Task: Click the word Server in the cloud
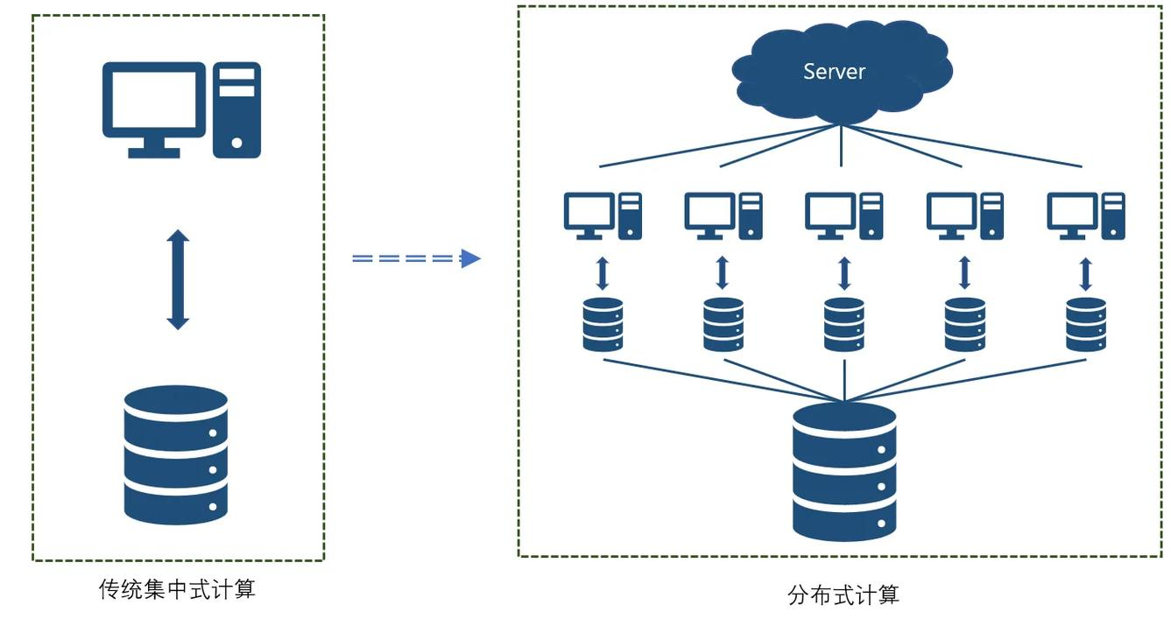834,72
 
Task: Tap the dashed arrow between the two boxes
417,258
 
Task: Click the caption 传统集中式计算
177,589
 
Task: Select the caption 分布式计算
843,596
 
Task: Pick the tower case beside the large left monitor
236,109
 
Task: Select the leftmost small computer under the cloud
603,215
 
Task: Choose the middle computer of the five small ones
844,215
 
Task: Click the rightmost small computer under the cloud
1086,215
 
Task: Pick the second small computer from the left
723,215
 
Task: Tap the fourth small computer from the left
965,215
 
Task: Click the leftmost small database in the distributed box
603,325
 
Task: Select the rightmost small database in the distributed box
1086,325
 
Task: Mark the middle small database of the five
844,325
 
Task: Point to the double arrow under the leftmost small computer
603,272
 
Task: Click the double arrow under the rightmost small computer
1086,272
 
